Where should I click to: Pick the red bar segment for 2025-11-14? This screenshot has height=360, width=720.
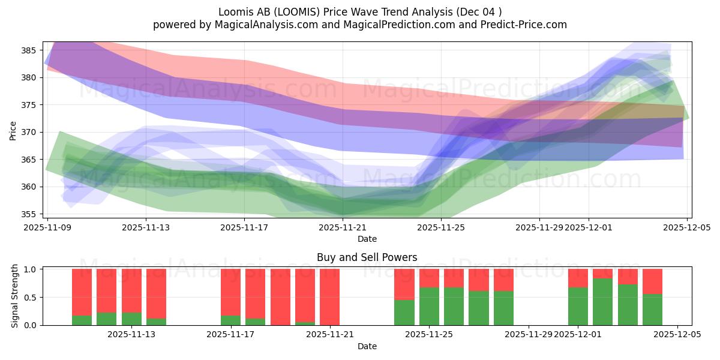(156, 293)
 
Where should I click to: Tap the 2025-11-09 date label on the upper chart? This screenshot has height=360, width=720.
(47, 227)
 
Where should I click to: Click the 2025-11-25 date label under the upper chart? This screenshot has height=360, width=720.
(441, 227)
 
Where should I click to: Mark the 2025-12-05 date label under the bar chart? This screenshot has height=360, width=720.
(677, 335)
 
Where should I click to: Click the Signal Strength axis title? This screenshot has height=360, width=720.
(15, 296)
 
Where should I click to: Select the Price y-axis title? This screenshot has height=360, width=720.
(13, 130)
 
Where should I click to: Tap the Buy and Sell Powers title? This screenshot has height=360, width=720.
(367, 257)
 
